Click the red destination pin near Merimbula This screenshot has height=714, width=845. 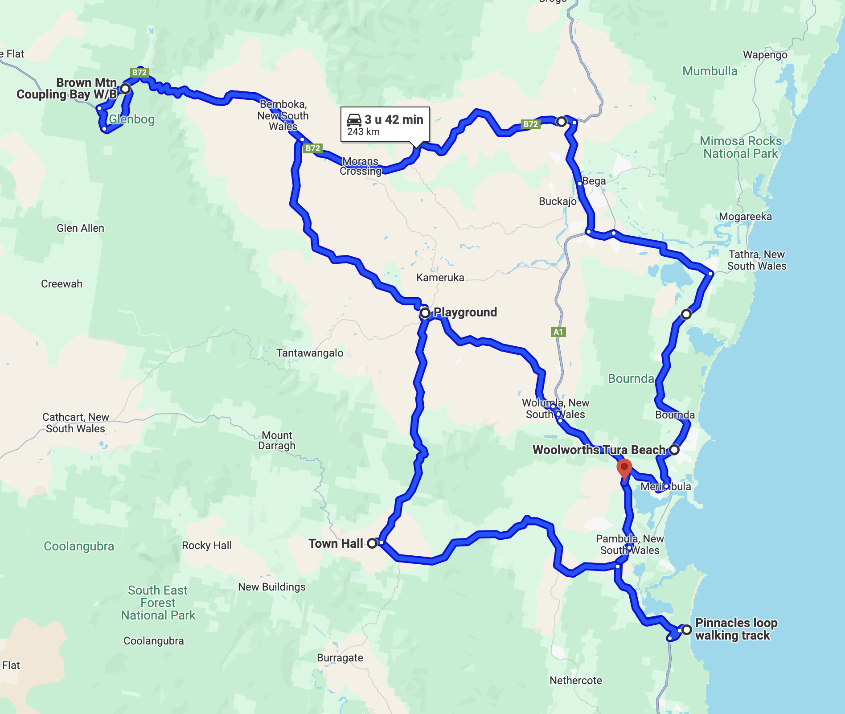[624, 468]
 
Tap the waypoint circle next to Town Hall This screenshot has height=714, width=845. [372, 543]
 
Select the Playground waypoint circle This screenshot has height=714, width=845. [425, 313]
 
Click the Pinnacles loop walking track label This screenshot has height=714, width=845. [736, 629]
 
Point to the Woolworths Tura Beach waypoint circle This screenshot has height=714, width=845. [674, 450]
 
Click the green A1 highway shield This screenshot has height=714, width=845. [558, 332]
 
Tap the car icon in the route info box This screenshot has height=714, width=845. [354, 119]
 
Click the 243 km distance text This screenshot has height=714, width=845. [363, 132]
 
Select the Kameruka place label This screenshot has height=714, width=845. [440, 278]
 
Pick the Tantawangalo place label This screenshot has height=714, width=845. [310, 353]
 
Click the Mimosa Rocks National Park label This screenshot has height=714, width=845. [740, 148]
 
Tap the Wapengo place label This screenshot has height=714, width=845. [765, 55]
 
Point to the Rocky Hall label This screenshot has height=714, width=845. [207, 546]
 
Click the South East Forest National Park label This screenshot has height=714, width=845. [158, 603]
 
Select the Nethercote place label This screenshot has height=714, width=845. [575, 681]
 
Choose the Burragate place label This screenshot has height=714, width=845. [340, 658]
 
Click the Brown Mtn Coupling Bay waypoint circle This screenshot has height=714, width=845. [125, 89]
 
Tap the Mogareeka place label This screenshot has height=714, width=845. [745, 217]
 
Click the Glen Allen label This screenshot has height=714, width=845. [80, 228]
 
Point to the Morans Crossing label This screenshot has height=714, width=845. [361, 166]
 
